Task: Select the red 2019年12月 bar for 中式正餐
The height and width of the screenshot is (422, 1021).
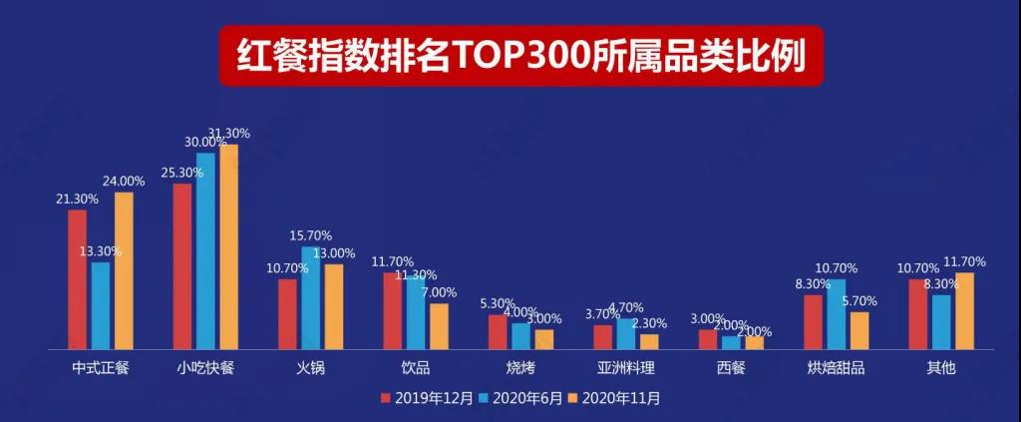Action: click(x=77, y=279)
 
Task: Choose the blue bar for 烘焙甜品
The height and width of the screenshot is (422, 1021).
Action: click(x=836, y=314)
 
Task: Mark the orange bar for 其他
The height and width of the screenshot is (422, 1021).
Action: click(x=964, y=310)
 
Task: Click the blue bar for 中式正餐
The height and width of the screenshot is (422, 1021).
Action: click(x=101, y=305)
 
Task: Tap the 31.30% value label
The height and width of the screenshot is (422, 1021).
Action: click(x=228, y=133)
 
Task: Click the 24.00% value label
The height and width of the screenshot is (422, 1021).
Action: click(x=124, y=182)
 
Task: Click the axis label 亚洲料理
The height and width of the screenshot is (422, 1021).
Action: click(x=625, y=368)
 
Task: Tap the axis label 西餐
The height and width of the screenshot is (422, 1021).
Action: click(x=730, y=368)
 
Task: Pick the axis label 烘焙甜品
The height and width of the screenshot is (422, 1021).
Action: click(x=836, y=368)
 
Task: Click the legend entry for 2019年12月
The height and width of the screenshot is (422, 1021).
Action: click(x=417, y=398)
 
